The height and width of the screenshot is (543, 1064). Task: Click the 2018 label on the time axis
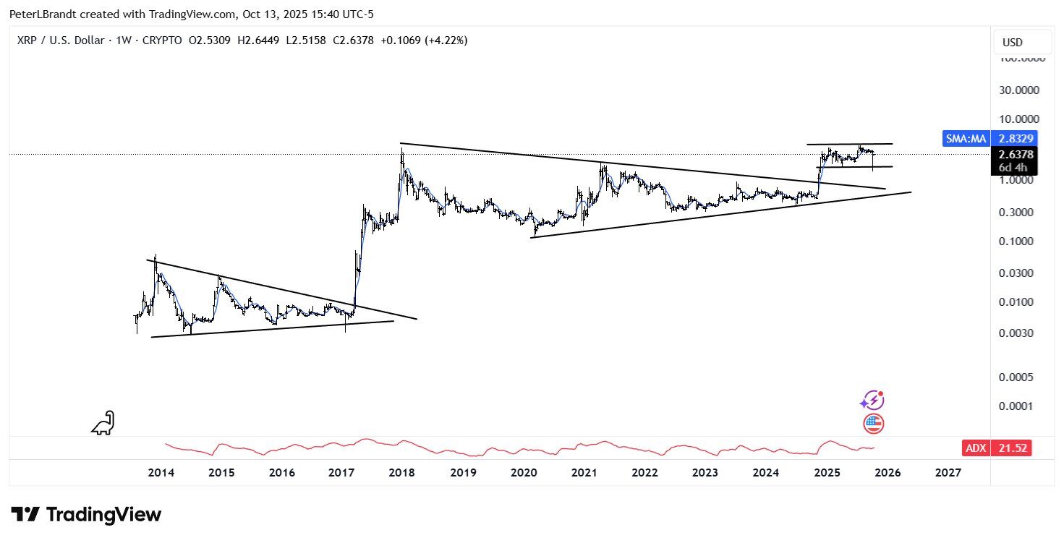tap(401, 473)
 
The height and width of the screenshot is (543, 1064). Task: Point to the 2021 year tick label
tap(584, 473)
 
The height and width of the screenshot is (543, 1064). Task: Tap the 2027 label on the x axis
tap(948, 473)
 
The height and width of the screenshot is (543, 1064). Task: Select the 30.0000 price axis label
tap(1018, 90)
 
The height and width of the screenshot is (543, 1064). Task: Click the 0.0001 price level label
tap(1018, 406)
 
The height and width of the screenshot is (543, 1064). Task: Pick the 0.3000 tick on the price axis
tap(1018, 213)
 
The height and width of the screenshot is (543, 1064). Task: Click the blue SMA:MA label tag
tap(966, 138)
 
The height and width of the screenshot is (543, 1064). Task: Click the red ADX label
tap(975, 448)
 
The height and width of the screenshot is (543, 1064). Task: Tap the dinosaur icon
tap(103, 423)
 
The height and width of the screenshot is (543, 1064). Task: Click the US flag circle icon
tap(873, 424)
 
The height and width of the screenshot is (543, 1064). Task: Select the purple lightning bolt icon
tap(872, 400)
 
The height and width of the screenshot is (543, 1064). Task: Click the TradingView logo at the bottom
tap(87, 515)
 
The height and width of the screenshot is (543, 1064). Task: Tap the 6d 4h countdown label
tap(1013, 168)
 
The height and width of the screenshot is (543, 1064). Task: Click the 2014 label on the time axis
tap(161, 473)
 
